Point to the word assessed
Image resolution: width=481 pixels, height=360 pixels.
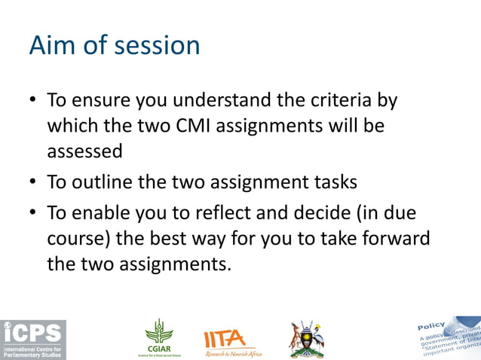tap(84, 151)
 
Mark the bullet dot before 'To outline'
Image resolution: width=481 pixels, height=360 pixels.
tap(33, 183)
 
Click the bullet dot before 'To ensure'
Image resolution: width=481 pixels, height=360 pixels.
tap(33, 101)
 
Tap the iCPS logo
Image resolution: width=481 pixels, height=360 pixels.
tap(33, 340)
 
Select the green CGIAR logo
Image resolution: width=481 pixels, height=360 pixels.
tap(159, 337)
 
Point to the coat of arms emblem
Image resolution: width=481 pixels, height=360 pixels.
tap(307, 339)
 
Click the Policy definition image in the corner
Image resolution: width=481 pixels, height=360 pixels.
tap(448, 337)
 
